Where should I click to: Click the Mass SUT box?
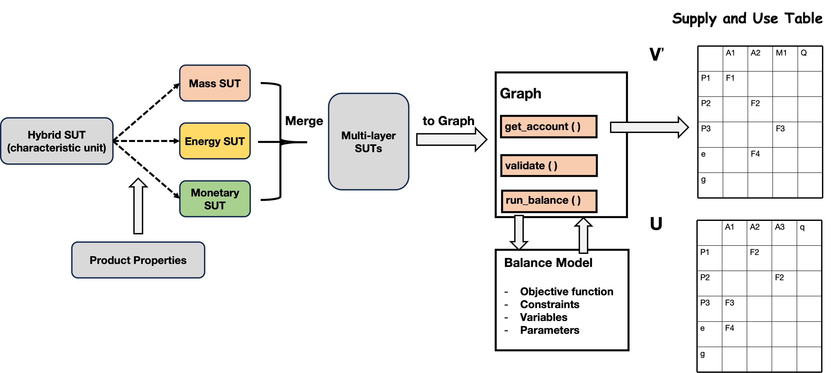coord(215,83)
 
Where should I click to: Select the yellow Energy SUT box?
coord(215,141)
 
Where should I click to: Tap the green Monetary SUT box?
coord(215,199)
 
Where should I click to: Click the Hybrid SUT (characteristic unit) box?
coord(57,141)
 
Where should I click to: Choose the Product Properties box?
coord(138,260)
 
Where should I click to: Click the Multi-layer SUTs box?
coord(368,141)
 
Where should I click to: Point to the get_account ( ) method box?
coord(549,126)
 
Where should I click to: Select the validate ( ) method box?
coord(549,166)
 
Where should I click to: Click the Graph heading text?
coord(520,94)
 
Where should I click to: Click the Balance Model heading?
coord(548,262)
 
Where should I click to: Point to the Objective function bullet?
coord(567,291)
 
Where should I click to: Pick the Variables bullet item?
coord(544,317)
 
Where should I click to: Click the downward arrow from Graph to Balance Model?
coord(519,232)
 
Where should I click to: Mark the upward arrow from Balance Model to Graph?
coord(583,236)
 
